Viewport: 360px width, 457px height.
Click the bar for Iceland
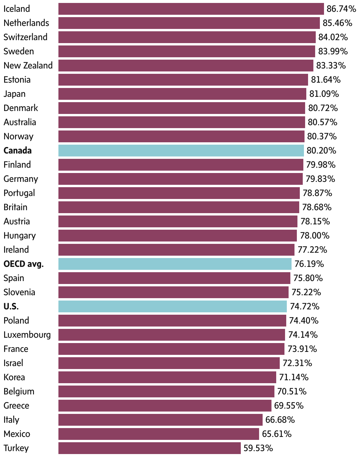(191, 9)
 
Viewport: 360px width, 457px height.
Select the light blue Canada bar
(181, 151)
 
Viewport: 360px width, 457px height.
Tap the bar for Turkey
(149, 448)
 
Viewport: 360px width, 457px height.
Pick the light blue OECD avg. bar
(175, 264)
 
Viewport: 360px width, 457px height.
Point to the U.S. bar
(172, 306)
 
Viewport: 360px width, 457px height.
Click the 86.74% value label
(341, 9)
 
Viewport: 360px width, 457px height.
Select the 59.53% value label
(258, 448)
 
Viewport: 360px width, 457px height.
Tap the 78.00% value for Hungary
(315, 236)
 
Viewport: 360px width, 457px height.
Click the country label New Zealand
(28, 66)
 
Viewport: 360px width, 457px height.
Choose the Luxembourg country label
(27, 335)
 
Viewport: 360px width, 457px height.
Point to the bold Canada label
(17, 151)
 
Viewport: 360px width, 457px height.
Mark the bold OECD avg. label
(24, 264)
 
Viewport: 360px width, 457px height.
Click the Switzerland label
(25, 37)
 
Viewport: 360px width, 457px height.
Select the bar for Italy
(160, 420)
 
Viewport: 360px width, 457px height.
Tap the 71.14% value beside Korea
(294, 377)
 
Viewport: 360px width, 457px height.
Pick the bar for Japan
(182, 94)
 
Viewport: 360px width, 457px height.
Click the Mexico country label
(17, 434)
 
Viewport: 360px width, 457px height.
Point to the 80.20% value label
(321, 151)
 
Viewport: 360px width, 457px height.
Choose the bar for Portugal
(179, 193)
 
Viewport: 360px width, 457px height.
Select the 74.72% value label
(305, 306)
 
